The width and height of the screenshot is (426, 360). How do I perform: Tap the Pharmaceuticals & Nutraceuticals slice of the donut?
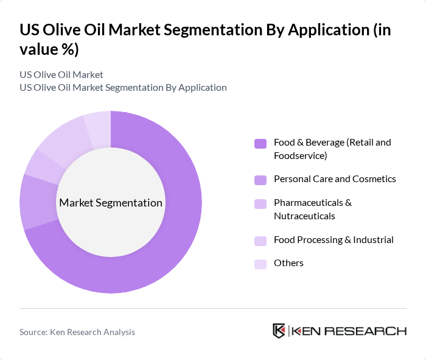pyautogui.click(x=40, y=164)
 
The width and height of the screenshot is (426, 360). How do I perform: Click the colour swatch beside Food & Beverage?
pyautogui.click(x=260, y=143)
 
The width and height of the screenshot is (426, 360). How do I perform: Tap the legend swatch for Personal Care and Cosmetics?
pyautogui.click(x=260, y=180)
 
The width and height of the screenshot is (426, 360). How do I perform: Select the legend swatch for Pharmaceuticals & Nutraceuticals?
pyautogui.click(x=260, y=203)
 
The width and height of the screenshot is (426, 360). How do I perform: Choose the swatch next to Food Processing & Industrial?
pyautogui.click(x=260, y=241)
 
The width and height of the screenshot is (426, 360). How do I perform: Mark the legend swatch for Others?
pyautogui.click(x=260, y=264)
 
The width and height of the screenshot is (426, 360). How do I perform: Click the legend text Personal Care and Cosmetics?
pyautogui.click(x=335, y=179)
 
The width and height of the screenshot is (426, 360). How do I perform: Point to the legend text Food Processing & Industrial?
pyautogui.click(x=333, y=240)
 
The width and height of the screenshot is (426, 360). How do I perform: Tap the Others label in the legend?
pyautogui.click(x=288, y=263)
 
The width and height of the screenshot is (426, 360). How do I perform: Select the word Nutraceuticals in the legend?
pyautogui.click(x=304, y=216)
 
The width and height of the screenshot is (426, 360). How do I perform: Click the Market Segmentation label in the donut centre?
pyautogui.click(x=110, y=203)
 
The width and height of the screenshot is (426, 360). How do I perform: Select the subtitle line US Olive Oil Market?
pyautogui.click(x=61, y=75)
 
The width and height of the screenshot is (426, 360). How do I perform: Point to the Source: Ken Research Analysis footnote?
pyautogui.click(x=77, y=332)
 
